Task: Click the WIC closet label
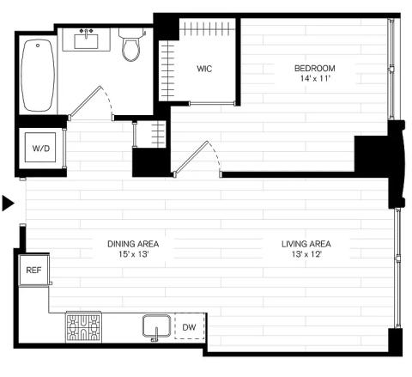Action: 204,69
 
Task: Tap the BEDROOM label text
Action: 315,69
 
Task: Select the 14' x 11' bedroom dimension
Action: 315,78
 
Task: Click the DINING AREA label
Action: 133,244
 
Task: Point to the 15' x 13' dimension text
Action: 134,254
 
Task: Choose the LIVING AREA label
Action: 306,244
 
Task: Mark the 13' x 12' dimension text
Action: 306,254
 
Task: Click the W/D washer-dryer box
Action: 40,148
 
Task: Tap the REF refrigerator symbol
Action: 34,270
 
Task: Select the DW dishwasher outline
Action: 190,326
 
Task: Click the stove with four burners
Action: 83,327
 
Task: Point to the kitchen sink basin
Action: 157,325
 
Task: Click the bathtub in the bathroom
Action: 38,76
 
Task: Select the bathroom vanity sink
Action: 86,41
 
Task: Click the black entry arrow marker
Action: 8,204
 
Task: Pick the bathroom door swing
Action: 91,102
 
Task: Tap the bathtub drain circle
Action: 38,46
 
